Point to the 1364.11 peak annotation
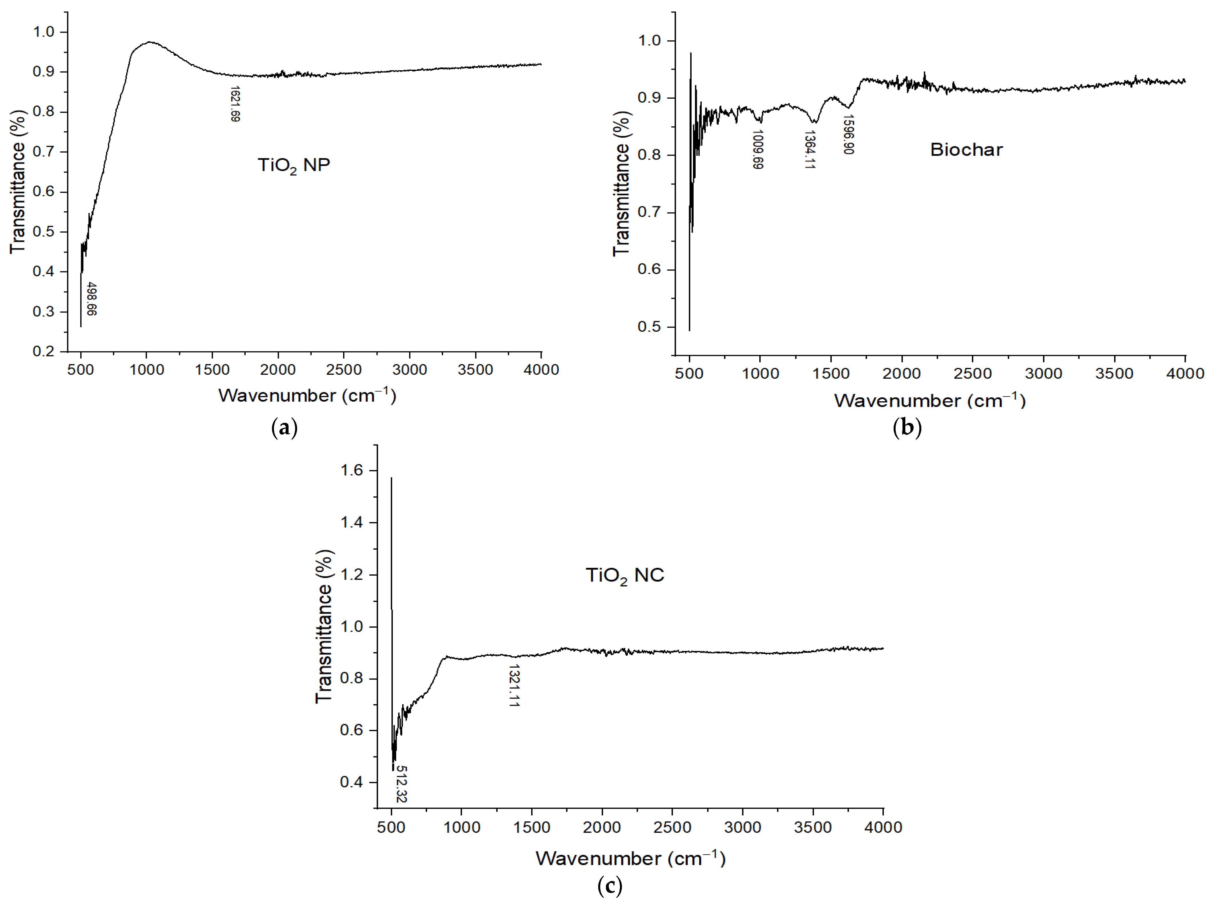coord(809,149)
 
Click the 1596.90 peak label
coord(848,134)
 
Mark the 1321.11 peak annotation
coord(514,685)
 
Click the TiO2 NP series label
coord(294,165)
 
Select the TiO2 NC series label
coord(624,575)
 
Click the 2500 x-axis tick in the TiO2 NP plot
coord(343,370)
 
